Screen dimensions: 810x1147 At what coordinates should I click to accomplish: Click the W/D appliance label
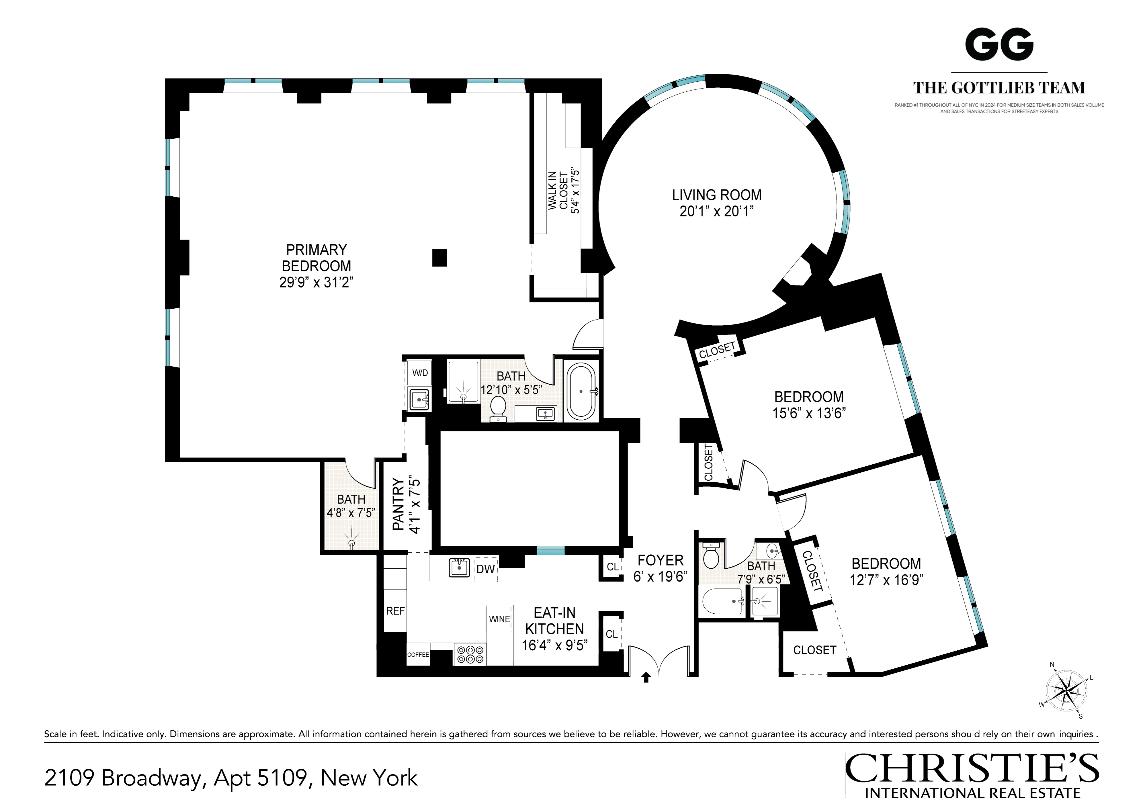coord(420,373)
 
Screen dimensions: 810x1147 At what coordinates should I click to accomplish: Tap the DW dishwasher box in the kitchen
coord(486,569)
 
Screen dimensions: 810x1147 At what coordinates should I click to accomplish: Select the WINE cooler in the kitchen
coord(500,619)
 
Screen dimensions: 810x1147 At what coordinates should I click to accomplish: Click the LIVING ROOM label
coord(716,195)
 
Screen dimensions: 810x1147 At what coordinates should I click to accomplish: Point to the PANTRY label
coord(398,504)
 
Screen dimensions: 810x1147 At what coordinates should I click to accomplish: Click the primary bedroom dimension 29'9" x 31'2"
coord(316,282)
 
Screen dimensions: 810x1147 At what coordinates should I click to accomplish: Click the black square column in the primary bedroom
coord(439,258)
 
